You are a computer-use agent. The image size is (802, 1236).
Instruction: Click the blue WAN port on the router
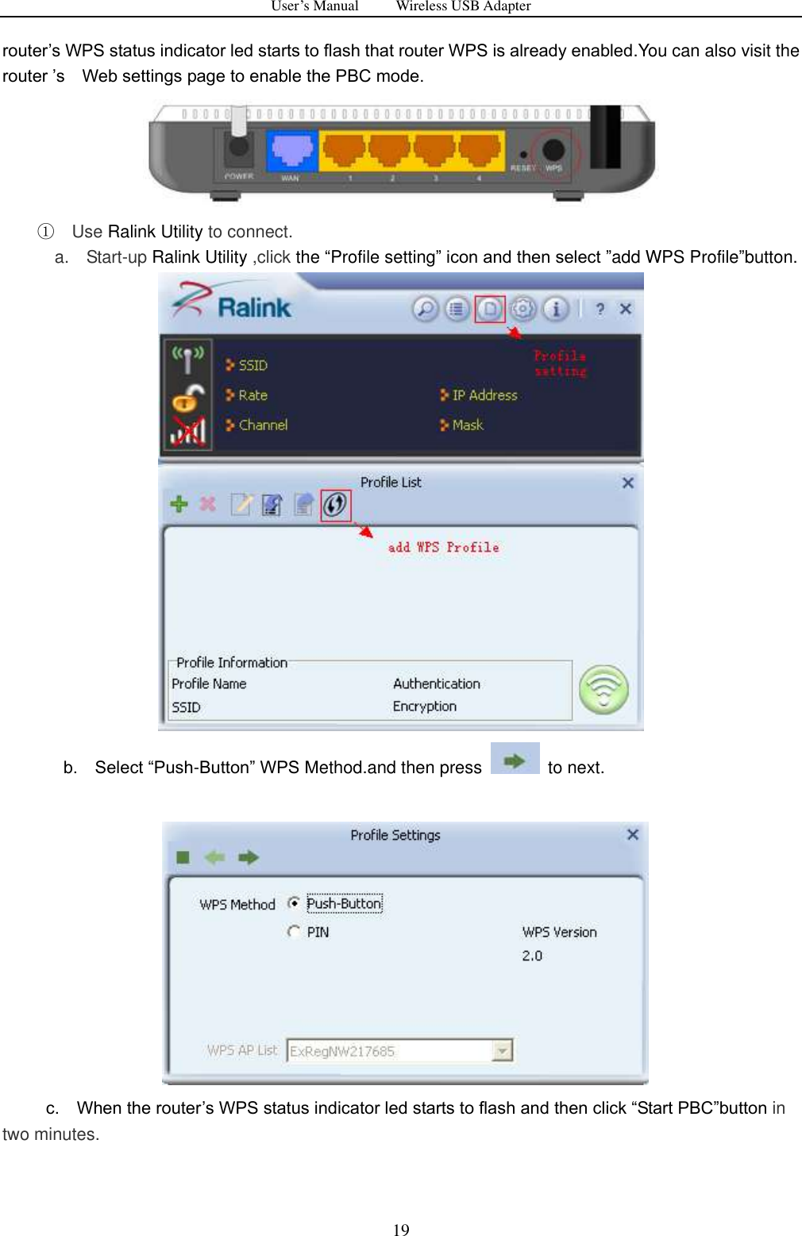[291, 151]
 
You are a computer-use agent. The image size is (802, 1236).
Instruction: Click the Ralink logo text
[254, 308]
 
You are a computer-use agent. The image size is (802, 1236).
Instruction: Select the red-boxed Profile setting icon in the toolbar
[490, 309]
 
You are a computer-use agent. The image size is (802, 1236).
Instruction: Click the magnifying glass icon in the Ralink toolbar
[426, 309]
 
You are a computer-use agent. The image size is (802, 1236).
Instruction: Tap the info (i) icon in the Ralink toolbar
[556, 309]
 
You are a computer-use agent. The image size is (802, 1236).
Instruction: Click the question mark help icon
[600, 309]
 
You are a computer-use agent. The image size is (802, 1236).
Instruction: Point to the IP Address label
[484, 395]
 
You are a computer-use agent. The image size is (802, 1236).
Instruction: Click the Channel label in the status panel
[263, 425]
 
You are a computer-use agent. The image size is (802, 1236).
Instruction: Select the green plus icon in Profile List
[179, 504]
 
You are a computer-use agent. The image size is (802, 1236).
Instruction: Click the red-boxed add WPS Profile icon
[335, 505]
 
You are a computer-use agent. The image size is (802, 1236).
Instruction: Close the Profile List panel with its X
[627, 483]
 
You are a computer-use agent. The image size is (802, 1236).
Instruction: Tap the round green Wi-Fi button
[603, 689]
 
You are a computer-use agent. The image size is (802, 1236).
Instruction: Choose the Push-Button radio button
[294, 903]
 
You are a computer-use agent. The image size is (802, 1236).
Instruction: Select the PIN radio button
[294, 932]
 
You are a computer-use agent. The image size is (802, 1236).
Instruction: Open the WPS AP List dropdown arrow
[502, 1051]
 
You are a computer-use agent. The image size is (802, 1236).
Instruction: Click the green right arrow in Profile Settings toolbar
[249, 857]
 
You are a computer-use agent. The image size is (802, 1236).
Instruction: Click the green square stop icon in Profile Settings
[183, 857]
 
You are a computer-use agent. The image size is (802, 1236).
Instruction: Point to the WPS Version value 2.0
[532, 956]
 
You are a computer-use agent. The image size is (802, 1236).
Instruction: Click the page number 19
[401, 1230]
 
